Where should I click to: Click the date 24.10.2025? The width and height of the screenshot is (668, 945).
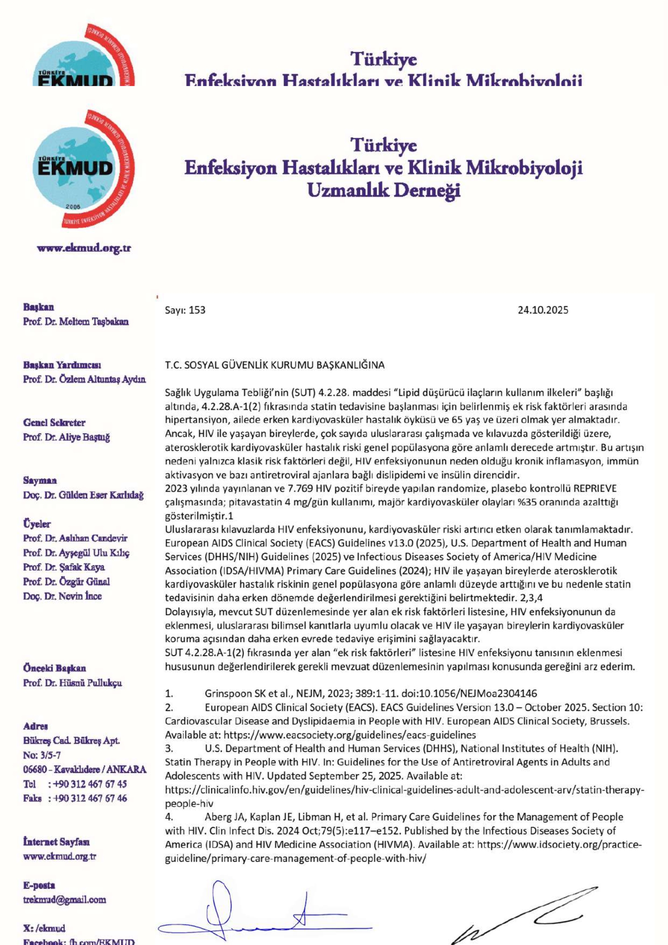coord(543,310)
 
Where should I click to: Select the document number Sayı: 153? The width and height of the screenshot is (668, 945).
coord(185,310)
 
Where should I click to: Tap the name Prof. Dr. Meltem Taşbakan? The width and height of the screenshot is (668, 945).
coord(76,322)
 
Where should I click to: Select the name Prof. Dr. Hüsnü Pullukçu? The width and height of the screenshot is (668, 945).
coord(73,683)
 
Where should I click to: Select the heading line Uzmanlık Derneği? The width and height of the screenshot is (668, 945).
coord(384,190)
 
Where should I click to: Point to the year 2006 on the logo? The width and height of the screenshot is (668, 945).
coord(73,207)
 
